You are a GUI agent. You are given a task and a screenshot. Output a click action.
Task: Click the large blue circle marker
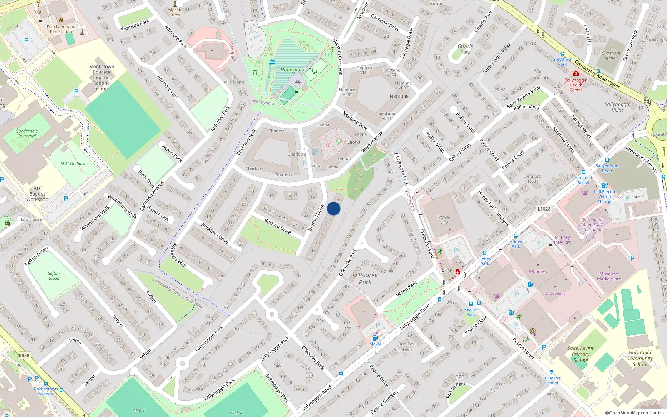coord(333,208)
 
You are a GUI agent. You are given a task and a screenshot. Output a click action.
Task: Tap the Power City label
coord(444,220)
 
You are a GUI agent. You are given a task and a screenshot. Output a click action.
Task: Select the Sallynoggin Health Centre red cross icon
coord(576,74)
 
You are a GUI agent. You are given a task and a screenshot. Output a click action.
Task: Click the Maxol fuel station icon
coord(375,338)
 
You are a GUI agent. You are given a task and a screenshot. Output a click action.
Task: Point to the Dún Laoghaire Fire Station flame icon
coord(61,20)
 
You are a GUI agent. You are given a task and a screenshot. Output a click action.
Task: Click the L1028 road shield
coord(544,209)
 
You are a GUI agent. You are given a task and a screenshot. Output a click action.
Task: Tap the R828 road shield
coord(24,355)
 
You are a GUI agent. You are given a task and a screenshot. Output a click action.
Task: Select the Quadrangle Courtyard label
coord(27,133)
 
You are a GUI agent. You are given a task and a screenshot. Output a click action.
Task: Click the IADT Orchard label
coord(73,163)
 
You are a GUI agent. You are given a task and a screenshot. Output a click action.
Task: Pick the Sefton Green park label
coord(54,276)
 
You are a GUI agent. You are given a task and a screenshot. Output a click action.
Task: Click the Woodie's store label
coord(538,271)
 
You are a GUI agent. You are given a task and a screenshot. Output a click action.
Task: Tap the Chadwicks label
coord(555,294)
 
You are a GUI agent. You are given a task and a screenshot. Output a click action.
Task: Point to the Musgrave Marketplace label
coord(609,276)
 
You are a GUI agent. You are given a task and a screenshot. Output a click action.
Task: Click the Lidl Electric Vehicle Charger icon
coord(605,186)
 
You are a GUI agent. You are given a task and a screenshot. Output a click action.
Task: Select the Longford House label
coord(532,178)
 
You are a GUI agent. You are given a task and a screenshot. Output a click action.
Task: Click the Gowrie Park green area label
coord(465,49)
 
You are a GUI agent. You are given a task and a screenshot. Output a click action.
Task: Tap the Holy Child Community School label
coord(640,358)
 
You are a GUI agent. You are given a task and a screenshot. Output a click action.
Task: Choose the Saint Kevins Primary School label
coord(580,354)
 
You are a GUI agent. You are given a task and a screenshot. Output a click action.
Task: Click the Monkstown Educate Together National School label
coord(102,78)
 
